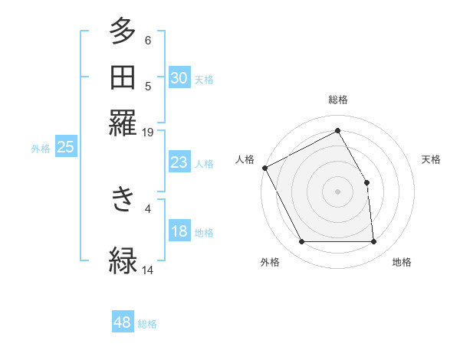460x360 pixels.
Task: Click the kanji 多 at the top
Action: tap(123, 33)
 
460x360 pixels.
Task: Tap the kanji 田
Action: tap(123, 77)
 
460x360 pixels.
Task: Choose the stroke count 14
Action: tap(148, 270)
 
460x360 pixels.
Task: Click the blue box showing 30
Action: tap(179, 78)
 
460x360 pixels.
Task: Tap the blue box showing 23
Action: tap(179, 162)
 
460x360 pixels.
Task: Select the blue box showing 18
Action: tap(179, 232)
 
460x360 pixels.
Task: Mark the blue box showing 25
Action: tap(65, 148)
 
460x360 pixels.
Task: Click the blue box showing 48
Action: tap(123, 322)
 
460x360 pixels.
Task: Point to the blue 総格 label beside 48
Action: tap(147, 324)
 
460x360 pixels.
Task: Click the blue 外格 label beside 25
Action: tap(41, 149)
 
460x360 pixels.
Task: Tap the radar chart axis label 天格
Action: tap(432, 159)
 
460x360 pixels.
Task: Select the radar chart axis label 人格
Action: tap(245, 159)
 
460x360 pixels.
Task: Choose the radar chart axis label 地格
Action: tap(402, 263)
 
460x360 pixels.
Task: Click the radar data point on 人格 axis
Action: tap(265, 168)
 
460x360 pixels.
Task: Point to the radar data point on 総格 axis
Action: tap(337, 131)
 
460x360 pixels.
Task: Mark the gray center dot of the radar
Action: tap(337, 191)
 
